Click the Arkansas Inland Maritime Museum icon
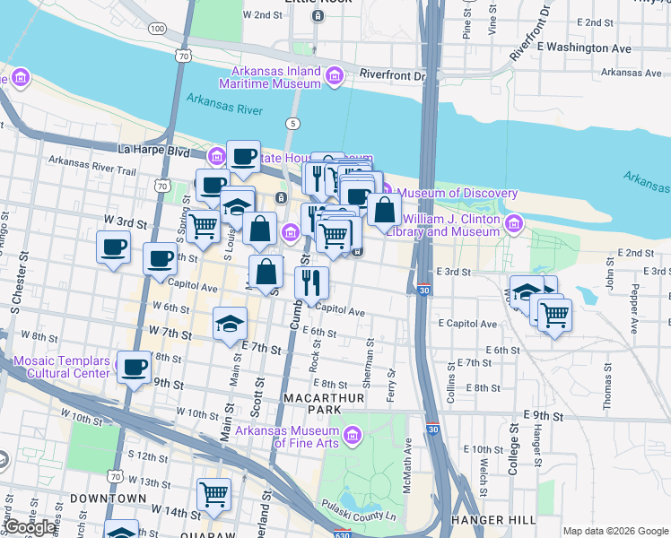334,77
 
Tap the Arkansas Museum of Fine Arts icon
353,437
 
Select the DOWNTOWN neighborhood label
109,498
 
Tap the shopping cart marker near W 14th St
213,493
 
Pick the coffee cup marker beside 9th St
135,367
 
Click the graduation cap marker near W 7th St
230,323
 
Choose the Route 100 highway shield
158,30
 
